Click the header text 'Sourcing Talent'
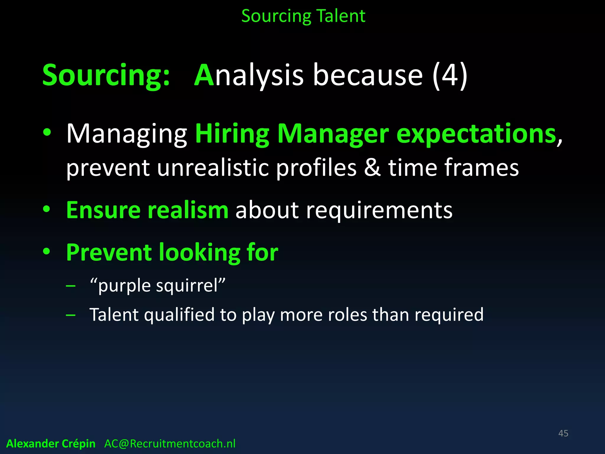coord(303,16)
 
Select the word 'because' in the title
coord(368,75)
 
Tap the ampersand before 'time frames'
coord(372,168)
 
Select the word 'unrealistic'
coord(213,168)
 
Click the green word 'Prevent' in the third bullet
coord(109,252)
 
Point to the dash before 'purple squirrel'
coord(71,286)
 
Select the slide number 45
coord(563,433)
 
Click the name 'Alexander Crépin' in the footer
coord(51,444)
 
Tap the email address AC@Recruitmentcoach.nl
coord(170,444)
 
